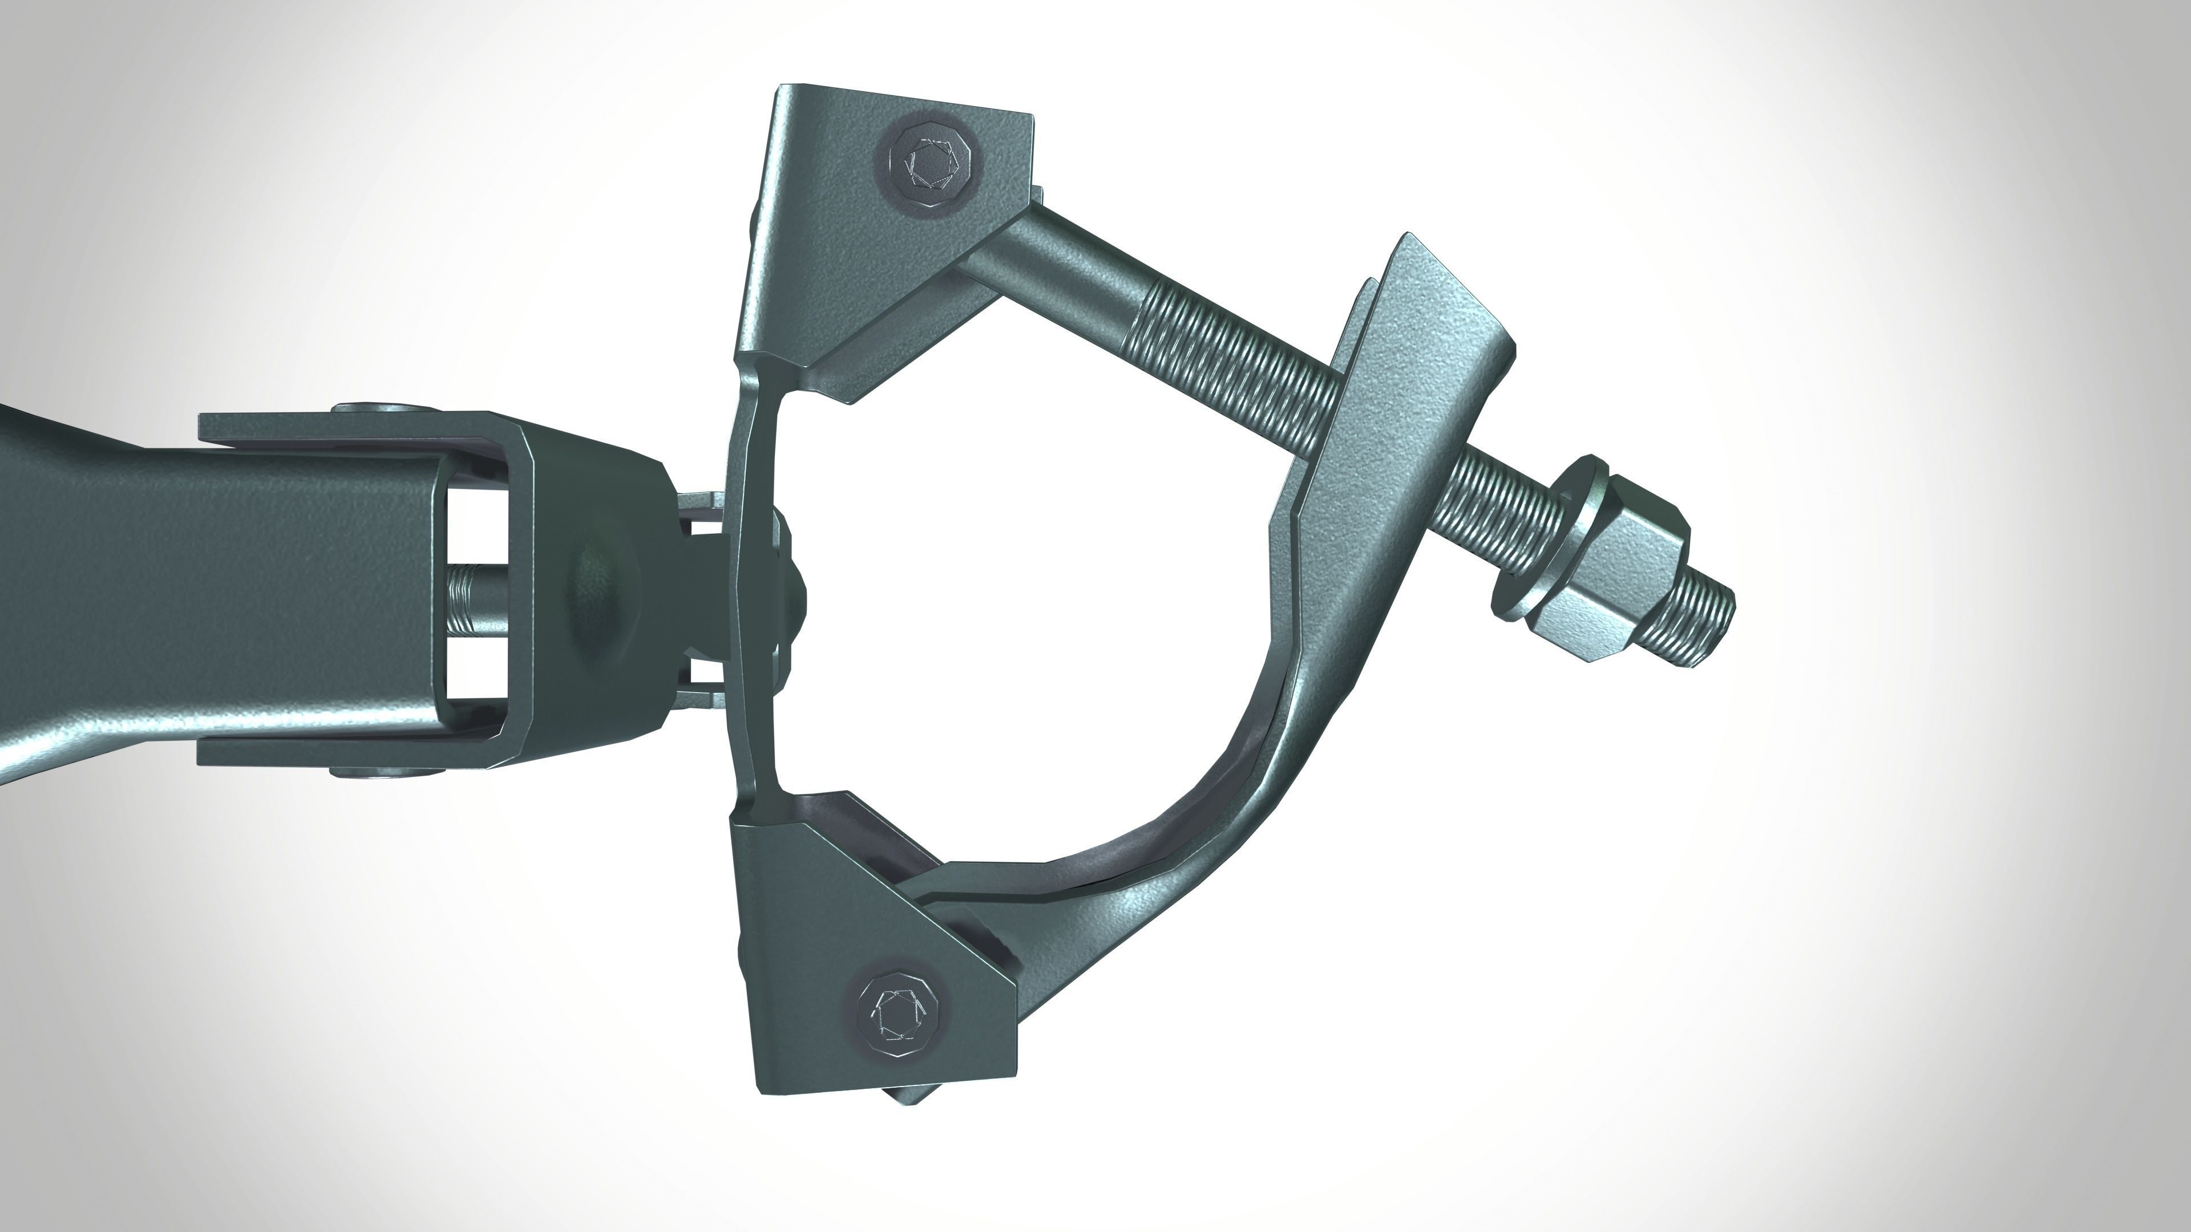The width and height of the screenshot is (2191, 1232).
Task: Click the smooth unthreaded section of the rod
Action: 1054,272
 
